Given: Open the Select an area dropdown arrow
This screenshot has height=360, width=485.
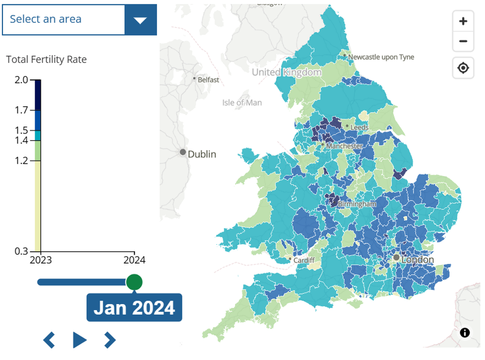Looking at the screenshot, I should point(141,20).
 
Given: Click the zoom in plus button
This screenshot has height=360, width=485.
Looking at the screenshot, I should point(463,21).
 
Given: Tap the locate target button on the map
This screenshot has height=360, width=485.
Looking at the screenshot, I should point(463,68).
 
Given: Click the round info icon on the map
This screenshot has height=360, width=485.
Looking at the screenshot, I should point(465,333).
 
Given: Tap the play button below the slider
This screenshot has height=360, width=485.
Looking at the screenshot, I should point(79,340).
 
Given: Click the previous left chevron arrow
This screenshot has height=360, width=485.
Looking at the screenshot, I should point(49,340).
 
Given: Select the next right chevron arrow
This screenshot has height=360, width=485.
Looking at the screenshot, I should point(110,340).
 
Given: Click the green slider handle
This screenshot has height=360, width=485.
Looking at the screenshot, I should point(134,282).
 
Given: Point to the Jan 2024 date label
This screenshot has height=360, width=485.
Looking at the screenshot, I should point(134,308).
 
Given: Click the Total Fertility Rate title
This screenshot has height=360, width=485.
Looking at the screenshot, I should point(47,60).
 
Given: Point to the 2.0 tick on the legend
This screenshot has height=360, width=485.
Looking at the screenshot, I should point(22,80).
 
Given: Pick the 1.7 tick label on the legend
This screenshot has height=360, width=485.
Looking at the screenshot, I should point(22,110).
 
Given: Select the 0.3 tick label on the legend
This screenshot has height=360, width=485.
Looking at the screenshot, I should point(22,251).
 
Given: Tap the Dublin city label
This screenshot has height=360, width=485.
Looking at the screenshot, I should point(202,154).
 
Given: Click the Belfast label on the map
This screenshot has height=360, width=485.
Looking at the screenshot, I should point(208,79).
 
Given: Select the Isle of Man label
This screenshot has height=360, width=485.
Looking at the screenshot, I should point(242,103).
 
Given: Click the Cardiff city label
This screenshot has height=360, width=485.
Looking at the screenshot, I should point(303,260).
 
